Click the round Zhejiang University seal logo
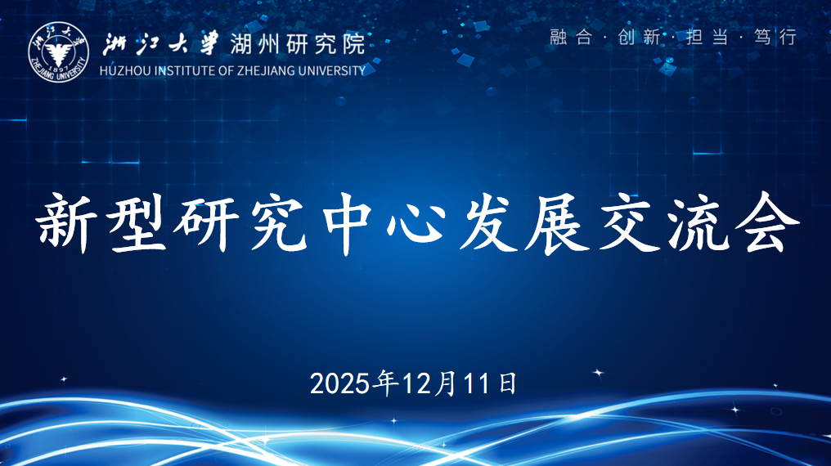point(58,52)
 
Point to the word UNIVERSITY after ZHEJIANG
point(333,70)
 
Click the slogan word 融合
point(570,37)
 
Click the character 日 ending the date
point(507,383)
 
